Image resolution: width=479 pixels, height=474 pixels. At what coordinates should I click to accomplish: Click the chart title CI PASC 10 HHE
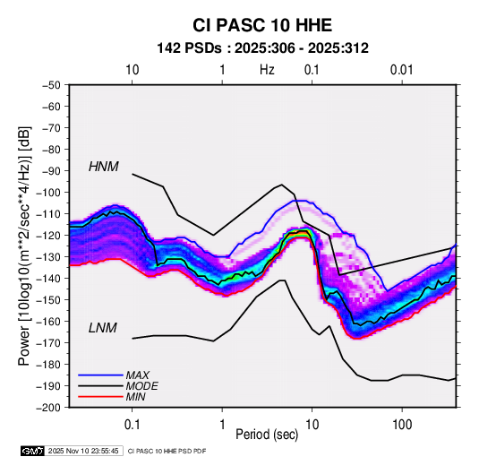262,25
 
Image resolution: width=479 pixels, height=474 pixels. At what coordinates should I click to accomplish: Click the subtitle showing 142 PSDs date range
262,48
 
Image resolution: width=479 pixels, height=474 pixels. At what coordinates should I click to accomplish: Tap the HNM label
104,167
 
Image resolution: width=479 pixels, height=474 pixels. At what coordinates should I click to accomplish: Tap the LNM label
103,328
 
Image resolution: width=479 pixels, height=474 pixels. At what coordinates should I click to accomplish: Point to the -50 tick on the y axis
51,85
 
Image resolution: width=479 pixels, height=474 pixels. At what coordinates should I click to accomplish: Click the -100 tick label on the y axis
48,193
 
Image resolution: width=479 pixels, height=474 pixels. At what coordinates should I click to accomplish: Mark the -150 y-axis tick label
48,300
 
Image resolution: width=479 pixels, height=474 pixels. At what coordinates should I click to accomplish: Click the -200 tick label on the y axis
48,408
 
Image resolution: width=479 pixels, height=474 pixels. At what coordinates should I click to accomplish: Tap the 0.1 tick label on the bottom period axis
132,425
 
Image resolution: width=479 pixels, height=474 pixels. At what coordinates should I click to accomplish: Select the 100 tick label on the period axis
402,425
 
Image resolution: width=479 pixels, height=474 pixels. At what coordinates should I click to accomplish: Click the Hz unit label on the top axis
267,70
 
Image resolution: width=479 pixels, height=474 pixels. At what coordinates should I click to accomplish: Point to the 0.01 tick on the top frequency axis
402,70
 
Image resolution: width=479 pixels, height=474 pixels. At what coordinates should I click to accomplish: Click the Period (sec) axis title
267,435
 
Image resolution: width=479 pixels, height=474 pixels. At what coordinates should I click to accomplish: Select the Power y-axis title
24,246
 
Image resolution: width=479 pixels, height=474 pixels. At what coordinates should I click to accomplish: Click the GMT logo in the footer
33,451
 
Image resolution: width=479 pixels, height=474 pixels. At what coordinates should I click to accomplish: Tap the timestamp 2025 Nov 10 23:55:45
83,451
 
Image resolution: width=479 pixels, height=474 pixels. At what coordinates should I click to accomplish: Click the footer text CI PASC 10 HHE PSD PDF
167,451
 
